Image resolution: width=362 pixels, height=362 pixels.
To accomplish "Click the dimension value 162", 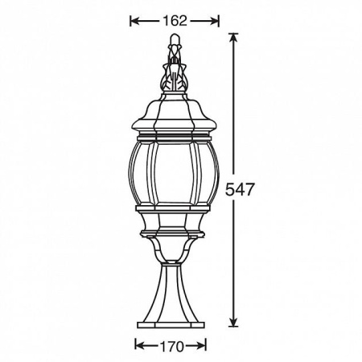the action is coord(175,21).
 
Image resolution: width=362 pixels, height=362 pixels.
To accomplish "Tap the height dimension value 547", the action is coord(239,190).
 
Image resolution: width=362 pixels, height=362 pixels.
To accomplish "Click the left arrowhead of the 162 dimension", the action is coord(134,21).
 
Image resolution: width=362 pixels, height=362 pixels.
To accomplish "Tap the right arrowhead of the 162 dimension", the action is coord(215,21).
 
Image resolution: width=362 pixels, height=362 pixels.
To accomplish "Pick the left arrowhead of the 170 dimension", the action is coord(139,344).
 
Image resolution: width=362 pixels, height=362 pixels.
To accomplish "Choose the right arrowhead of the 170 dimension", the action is coord(202,344).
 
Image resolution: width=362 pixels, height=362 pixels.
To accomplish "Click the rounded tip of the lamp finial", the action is coord(175,38).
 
